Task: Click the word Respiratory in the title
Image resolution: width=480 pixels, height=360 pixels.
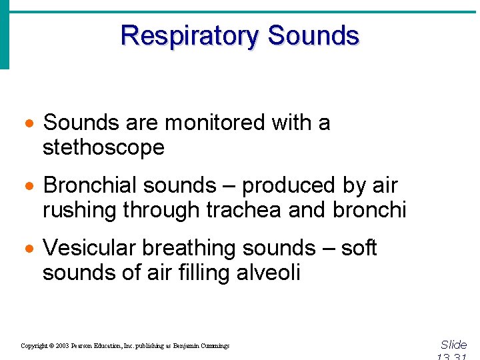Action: pos(190,35)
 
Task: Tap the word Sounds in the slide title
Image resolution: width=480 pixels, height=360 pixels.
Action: pos(313,35)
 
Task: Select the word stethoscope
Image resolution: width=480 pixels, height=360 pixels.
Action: pos(103,147)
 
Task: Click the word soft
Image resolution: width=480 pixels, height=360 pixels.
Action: pos(359,248)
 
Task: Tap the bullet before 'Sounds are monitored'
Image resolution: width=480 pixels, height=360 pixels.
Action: pos(29,125)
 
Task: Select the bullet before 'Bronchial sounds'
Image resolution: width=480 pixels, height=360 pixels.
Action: pos(29,187)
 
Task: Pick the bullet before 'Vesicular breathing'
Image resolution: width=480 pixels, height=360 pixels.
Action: pos(29,249)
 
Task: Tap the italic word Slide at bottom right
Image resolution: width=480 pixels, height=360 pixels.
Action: pos(454,345)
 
